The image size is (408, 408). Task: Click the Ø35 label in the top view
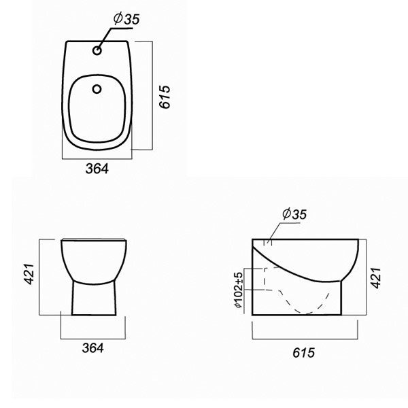126,19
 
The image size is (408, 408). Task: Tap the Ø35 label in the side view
294,214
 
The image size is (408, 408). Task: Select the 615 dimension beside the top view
165,97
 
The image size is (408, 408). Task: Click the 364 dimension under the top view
97,169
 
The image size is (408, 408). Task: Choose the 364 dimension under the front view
93,348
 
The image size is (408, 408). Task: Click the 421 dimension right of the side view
375,277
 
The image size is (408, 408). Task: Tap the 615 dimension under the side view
304,353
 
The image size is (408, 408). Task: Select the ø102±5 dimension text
239,290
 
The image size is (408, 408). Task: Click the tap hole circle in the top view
97,50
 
